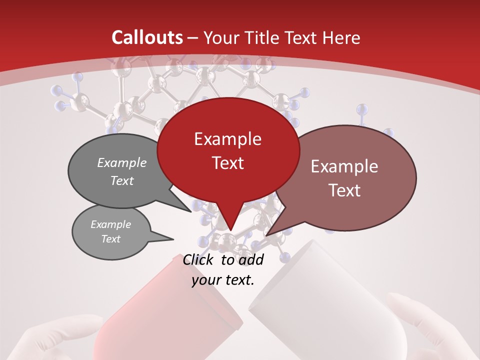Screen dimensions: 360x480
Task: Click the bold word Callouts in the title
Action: tap(147, 37)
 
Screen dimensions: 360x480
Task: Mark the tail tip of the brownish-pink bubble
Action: tap(266, 235)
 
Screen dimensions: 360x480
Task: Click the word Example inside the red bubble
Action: tap(227, 139)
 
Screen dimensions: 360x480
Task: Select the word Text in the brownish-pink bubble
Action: tap(345, 190)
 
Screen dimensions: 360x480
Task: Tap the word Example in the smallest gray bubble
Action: tap(110, 224)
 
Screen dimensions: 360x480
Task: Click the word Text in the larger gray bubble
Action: tap(122, 181)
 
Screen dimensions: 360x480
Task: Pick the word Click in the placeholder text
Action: tap(198, 259)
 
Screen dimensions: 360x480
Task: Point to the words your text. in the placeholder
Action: tap(223, 280)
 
